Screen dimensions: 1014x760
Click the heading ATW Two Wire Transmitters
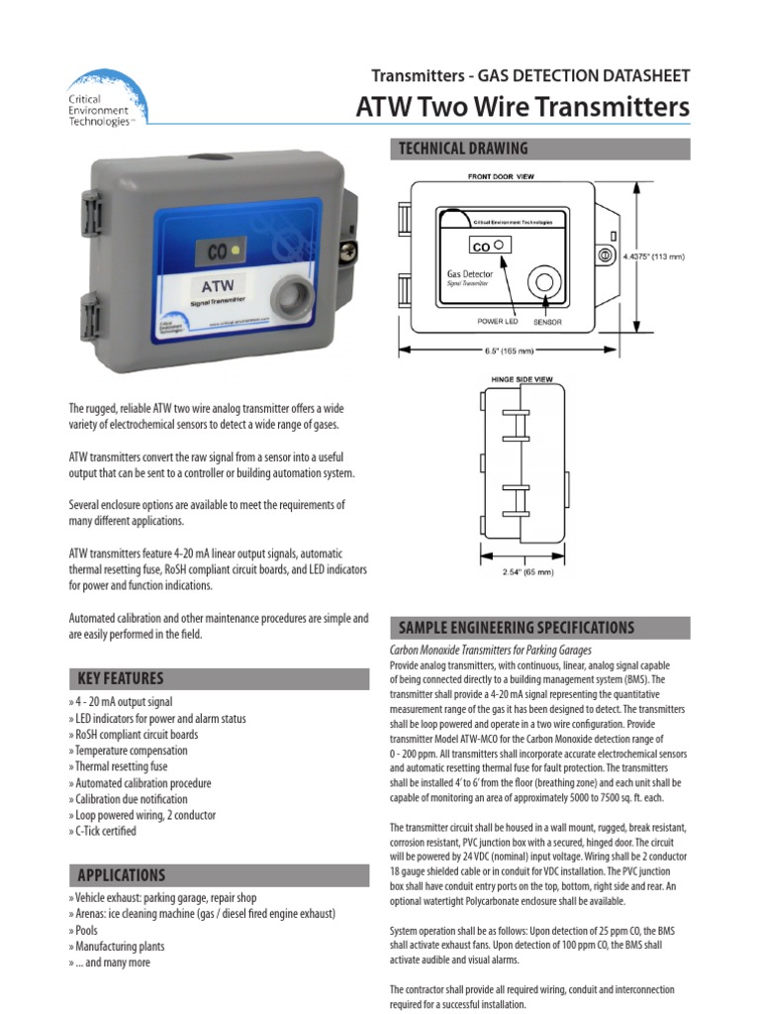pyautogui.click(x=522, y=107)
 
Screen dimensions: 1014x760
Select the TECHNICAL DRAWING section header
pyautogui.click(x=463, y=149)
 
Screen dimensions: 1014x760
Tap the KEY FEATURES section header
pyautogui.click(x=120, y=678)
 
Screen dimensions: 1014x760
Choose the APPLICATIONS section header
pyautogui.click(x=123, y=875)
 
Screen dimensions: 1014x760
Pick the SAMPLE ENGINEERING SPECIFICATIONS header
pyautogui.click(x=516, y=628)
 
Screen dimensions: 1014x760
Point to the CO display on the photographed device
pyautogui.click(x=227, y=252)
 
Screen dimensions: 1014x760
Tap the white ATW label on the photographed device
pyautogui.click(x=219, y=288)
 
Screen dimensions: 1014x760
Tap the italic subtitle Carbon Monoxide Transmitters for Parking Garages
pyautogui.click(x=491, y=651)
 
